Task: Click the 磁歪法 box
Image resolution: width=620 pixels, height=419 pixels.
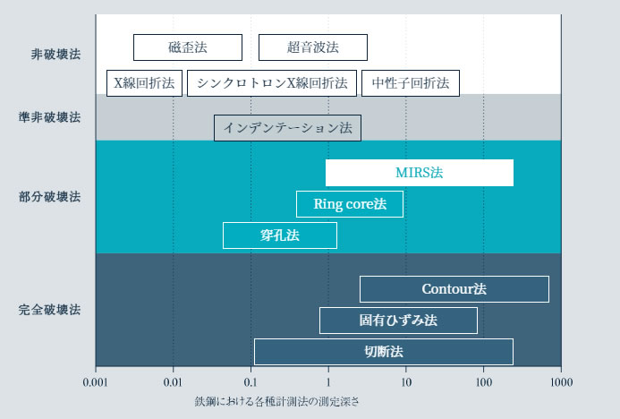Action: tap(187, 47)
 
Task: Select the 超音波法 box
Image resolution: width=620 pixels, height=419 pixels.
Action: tap(312, 47)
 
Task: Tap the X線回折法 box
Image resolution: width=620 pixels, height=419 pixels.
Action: tap(145, 83)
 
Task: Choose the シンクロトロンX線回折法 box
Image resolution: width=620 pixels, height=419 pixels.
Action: tap(272, 83)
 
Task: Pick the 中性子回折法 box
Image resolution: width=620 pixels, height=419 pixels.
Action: tap(411, 83)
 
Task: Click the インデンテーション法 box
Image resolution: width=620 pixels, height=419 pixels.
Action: tap(288, 127)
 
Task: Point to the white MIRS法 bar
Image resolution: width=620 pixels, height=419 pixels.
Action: tap(420, 172)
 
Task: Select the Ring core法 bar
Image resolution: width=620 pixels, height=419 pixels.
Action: tap(350, 204)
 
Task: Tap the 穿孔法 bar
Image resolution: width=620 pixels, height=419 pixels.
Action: tap(280, 235)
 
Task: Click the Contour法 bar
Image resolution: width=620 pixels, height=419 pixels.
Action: tap(454, 289)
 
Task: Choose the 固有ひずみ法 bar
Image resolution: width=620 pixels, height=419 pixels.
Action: tap(398, 321)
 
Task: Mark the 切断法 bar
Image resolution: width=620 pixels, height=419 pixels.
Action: tap(384, 351)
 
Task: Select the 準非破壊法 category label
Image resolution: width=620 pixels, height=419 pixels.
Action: tap(49, 117)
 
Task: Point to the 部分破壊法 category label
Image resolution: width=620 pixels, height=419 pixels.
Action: tap(49, 196)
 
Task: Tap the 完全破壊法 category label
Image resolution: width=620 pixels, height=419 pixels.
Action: tap(49, 311)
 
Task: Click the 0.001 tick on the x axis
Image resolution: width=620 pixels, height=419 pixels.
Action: tap(96, 381)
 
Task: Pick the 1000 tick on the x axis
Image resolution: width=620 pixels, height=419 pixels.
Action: tap(561, 381)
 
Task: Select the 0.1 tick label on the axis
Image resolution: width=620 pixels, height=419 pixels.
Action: tap(251, 381)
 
